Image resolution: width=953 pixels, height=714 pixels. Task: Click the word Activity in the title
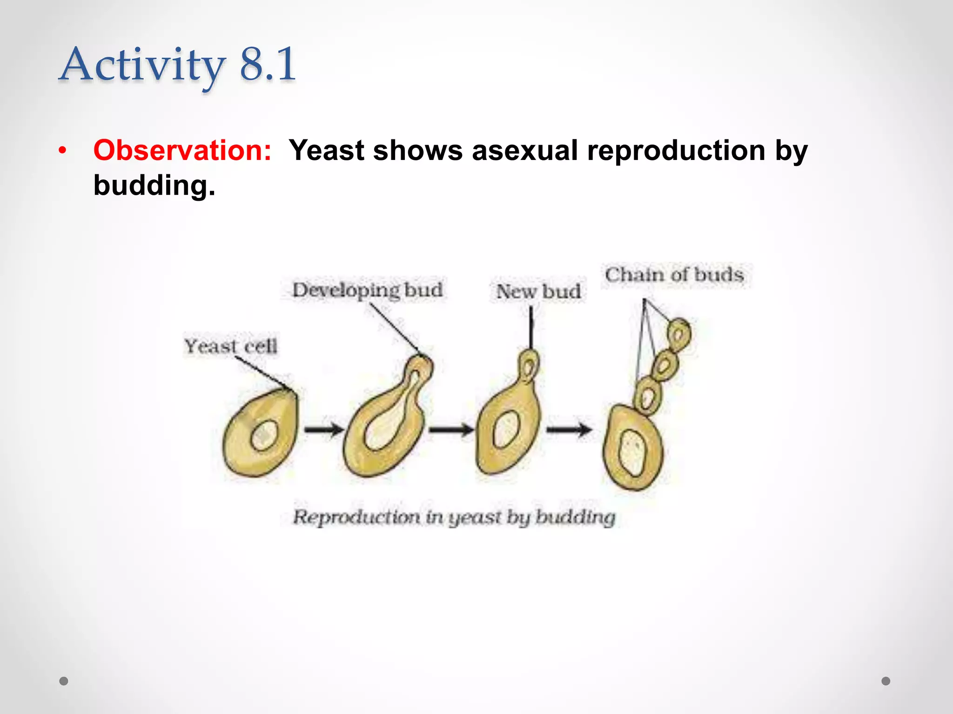coord(142,65)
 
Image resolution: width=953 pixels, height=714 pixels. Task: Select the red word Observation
coord(182,151)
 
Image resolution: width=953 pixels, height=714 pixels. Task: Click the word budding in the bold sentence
coord(154,185)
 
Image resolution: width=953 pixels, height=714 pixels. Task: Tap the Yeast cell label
coord(231,346)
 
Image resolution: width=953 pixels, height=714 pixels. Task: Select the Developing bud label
coord(367,290)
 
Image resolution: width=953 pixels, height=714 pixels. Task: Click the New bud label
coord(538,292)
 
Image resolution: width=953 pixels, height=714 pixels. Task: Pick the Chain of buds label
coord(674,275)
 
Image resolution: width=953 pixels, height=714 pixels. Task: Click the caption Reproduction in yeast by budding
coord(454,517)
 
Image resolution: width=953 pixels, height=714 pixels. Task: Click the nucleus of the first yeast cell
coord(264,436)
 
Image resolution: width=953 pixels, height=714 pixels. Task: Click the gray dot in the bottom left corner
coord(64,681)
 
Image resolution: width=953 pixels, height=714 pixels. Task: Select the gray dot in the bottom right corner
coord(886,681)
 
